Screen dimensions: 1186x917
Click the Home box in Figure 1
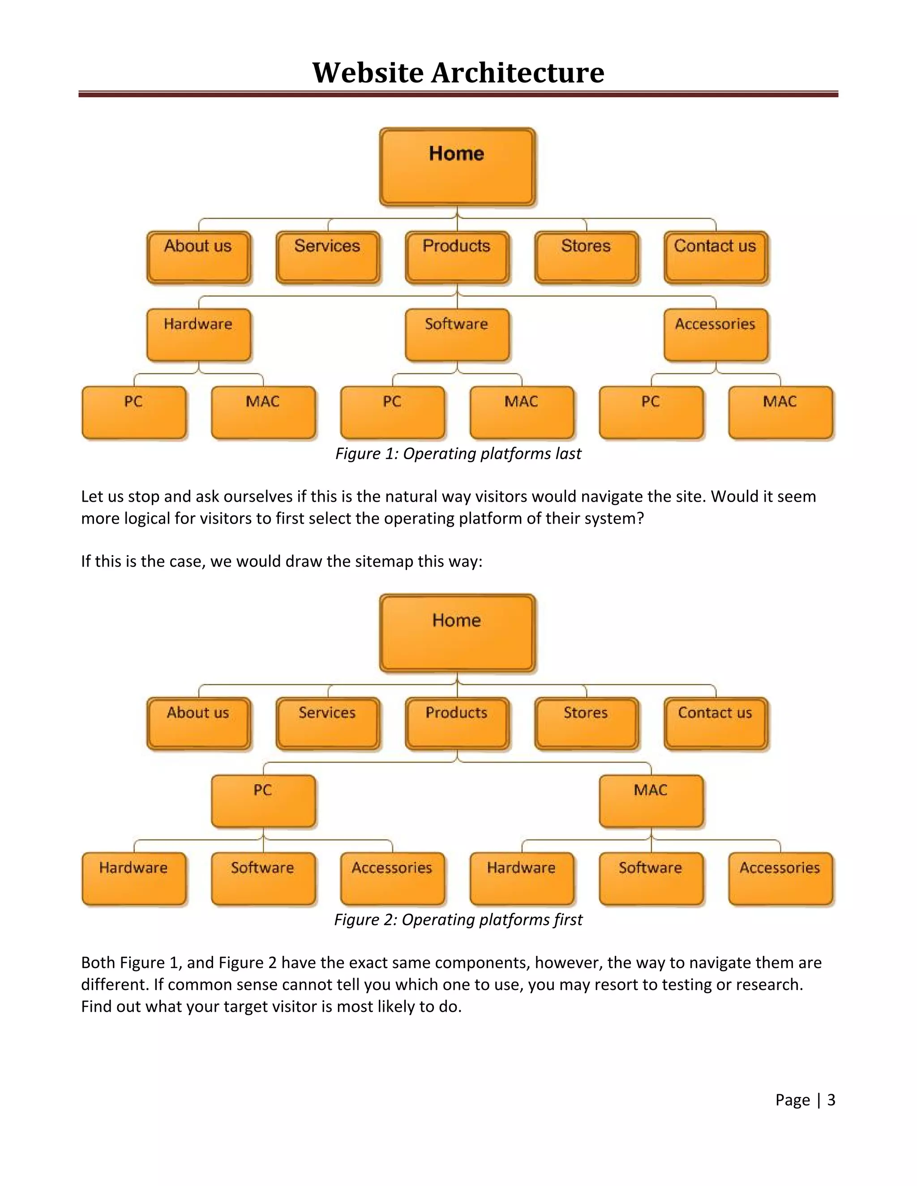pos(458,167)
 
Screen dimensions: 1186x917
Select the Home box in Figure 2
pos(458,633)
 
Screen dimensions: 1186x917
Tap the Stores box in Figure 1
pos(586,257)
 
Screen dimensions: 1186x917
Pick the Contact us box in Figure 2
pos(716,723)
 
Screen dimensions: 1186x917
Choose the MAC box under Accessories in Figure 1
pos(780,412)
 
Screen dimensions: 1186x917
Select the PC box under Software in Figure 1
pos(392,412)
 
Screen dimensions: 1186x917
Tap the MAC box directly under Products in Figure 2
pos(651,801)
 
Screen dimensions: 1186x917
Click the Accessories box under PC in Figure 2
pos(392,879)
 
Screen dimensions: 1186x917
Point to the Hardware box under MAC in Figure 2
pos(522,879)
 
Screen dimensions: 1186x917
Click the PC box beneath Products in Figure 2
pos(263,801)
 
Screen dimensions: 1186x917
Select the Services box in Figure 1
pos(328,257)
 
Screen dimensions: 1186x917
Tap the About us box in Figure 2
pos(199,723)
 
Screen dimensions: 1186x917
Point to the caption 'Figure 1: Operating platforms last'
pos(458,453)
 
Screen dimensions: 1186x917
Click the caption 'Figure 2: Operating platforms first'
pos(458,919)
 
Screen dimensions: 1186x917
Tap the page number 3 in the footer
pos(831,1100)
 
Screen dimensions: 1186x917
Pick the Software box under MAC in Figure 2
pos(651,879)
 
